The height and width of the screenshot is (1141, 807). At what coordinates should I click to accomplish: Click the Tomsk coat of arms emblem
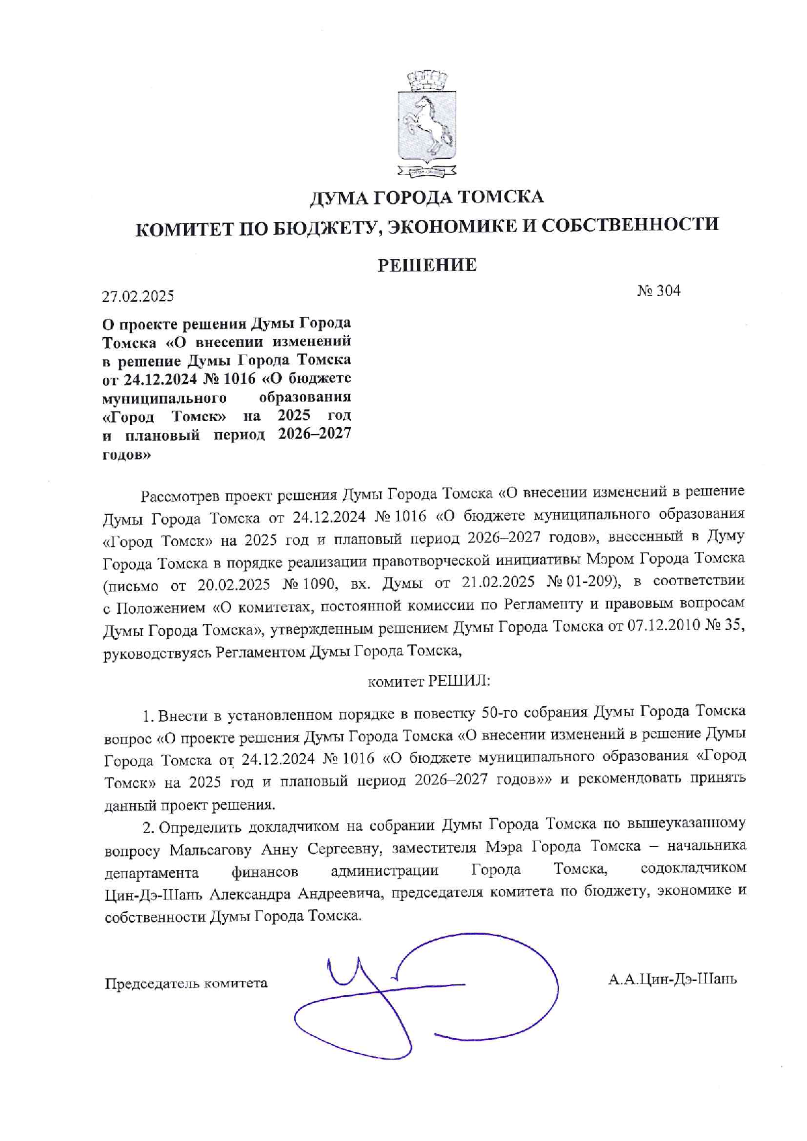point(427,124)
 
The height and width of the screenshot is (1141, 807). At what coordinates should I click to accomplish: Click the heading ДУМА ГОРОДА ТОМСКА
point(427,197)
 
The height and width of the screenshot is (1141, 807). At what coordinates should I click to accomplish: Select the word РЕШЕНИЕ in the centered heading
point(427,265)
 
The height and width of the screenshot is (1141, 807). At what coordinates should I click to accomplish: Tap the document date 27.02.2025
point(138,297)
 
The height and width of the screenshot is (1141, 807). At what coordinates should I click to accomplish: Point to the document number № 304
point(659,291)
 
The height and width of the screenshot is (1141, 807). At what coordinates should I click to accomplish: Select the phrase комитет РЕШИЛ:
point(429,681)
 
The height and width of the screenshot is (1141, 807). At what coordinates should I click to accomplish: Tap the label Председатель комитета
point(186,983)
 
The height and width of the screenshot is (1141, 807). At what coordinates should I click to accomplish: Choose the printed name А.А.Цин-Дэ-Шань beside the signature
point(672,979)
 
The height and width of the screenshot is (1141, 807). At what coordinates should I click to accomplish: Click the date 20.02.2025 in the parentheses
point(234,584)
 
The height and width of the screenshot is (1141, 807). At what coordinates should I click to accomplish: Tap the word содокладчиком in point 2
point(693,868)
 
